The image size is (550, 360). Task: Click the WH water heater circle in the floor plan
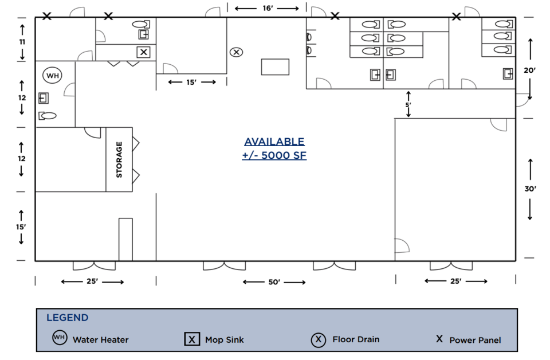[52, 76]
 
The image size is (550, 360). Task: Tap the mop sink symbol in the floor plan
[143, 52]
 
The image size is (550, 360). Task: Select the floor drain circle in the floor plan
[237, 52]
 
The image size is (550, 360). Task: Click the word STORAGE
[119, 159]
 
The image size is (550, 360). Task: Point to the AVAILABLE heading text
[274, 142]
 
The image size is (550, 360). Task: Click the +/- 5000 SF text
[274, 155]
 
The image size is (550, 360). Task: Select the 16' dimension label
[268, 8]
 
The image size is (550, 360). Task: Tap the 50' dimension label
[274, 282]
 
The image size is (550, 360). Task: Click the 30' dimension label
[530, 189]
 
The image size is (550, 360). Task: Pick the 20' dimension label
[529, 70]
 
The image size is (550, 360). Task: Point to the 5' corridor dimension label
[408, 105]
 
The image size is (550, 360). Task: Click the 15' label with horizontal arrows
[191, 82]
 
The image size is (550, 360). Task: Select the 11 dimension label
[22, 42]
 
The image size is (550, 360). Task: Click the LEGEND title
[68, 318]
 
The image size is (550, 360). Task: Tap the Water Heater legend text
[101, 339]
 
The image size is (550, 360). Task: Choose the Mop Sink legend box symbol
[192, 339]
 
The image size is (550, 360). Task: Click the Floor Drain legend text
[356, 339]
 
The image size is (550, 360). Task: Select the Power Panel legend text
[476, 340]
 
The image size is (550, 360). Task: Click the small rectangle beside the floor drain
[275, 66]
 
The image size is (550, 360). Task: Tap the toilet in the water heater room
[48, 115]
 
